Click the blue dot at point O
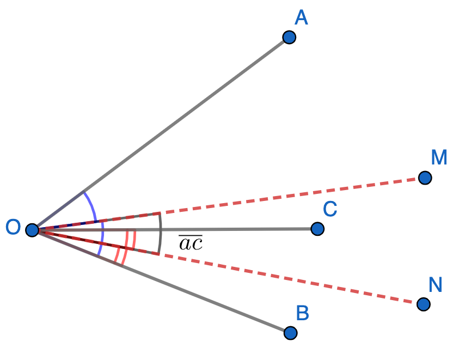click(x=32, y=230)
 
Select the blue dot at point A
click(x=289, y=37)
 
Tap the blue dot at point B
click(x=290, y=332)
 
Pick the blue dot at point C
click(x=317, y=229)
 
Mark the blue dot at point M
click(x=425, y=178)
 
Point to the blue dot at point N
click(x=424, y=304)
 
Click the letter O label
click(x=13, y=227)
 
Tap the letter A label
click(x=301, y=18)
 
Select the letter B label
click(x=303, y=313)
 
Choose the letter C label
click(x=330, y=209)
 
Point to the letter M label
click(x=439, y=157)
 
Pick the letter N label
click(x=435, y=284)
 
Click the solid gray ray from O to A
click(x=185, y=115)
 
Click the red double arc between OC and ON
click(x=131, y=240)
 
